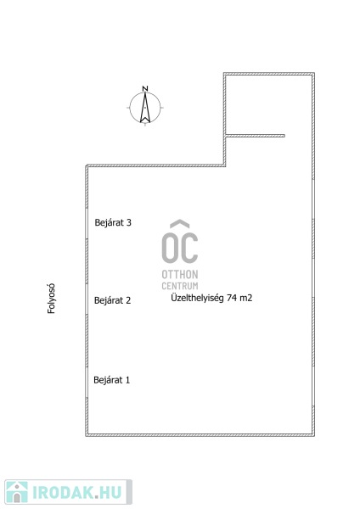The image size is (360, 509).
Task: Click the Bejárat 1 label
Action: (x=112, y=380)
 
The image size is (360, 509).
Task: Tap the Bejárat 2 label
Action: (x=112, y=300)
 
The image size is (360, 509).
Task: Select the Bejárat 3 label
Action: (x=113, y=222)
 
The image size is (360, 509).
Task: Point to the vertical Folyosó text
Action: (x=51, y=299)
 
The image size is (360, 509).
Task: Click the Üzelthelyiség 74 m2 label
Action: (x=211, y=298)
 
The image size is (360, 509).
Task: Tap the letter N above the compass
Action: (x=145, y=88)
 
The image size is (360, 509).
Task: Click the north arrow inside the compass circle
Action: (x=145, y=108)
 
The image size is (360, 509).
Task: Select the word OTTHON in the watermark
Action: (x=180, y=275)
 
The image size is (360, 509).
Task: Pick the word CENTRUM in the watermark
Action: (x=180, y=286)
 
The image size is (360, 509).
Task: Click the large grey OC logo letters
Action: (x=180, y=248)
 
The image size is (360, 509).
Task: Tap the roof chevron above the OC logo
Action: (x=180, y=223)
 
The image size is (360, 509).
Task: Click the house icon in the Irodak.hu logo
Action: (x=17, y=492)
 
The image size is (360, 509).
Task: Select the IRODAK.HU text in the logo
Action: (x=77, y=492)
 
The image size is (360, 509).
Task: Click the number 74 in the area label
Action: (x=231, y=298)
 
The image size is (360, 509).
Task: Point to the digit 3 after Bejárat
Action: (x=129, y=222)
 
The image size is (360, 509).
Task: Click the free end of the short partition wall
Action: (x=284, y=136)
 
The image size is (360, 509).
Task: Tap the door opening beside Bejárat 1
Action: (x=87, y=382)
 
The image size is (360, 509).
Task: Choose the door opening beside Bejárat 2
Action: (x=87, y=299)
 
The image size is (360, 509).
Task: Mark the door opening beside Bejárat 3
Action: (x=87, y=223)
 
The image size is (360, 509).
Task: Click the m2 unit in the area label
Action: (x=245, y=298)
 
